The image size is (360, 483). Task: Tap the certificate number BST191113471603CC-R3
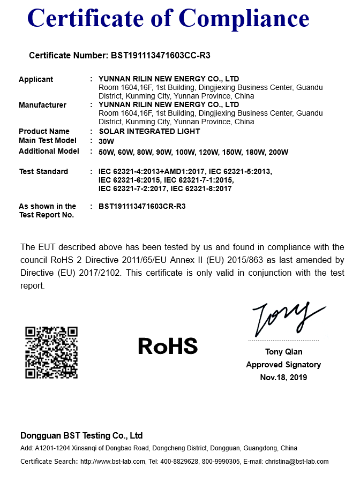click(x=164, y=55)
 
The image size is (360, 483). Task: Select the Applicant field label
click(x=36, y=79)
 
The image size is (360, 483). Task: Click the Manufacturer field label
click(x=42, y=105)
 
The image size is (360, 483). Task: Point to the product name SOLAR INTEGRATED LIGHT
click(x=149, y=131)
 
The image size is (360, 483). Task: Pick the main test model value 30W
click(x=107, y=141)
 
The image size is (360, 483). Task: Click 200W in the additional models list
click(x=278, y=152)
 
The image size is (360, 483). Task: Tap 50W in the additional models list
click(x=107, y=152)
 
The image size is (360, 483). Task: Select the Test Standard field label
click(x=43, y=171)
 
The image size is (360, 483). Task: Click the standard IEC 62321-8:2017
click(x=201, y=188)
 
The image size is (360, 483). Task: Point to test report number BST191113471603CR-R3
click(x=142, y=206)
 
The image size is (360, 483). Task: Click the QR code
click(x=51, y=352)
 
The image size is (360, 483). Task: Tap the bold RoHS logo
click(x=168, y=346)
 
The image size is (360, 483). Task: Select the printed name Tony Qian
click(x=283, y=352)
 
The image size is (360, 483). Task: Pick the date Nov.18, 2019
click(x=283, y=378)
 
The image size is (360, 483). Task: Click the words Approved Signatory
click(x=283, y=365)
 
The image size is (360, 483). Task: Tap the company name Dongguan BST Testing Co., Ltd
click(x=81, y=435)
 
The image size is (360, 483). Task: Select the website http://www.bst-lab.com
click(x=112, y=462)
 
